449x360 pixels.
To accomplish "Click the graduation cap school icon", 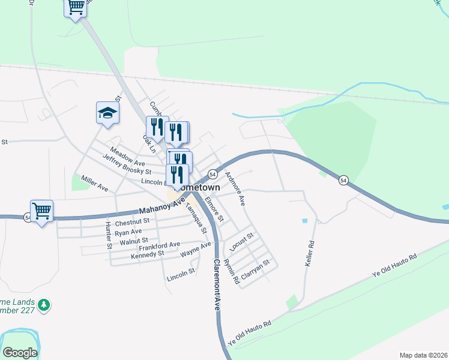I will point(107,112).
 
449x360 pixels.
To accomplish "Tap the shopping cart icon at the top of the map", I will point(76,7).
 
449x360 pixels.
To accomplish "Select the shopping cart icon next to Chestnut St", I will point(41,211).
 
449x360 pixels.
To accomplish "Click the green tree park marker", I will point(44,306).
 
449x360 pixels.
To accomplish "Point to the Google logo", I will point(20,353).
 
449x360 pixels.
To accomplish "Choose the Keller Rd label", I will point(311,254).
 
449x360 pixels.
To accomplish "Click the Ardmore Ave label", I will point(235,188).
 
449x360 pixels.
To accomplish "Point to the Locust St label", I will point(242,242).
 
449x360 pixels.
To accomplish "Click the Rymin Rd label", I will point(231,271).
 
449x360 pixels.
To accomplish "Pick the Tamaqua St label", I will point(196,218).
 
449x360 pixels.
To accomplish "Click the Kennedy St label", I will point(147,256).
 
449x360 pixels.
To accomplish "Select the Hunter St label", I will point(108,235).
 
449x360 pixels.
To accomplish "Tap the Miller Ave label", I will point(94,184).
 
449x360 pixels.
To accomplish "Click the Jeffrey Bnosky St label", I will point(127,165).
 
